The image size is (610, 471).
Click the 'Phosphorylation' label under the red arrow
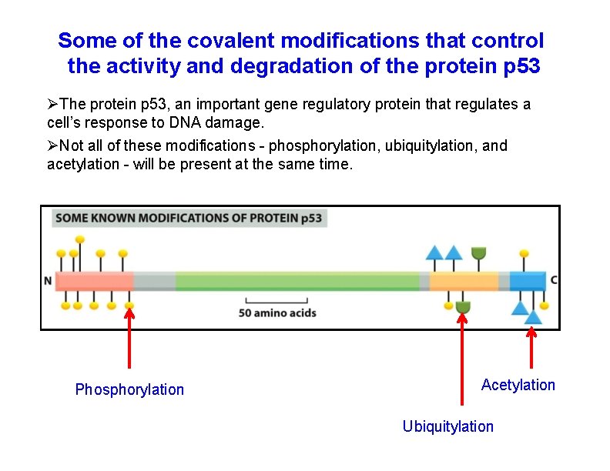coord(129,389)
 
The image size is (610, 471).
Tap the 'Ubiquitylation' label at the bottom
coord(447,426)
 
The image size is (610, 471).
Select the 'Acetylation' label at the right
coord(518,385)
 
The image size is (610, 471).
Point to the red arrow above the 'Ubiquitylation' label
coord(462,358)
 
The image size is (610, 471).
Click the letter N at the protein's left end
coord(48,281)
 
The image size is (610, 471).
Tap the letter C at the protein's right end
coord(554,280)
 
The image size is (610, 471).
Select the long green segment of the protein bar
coord(297,281)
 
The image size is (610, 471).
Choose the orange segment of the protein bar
coord(464,281)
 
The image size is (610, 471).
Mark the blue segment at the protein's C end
coord(528,281)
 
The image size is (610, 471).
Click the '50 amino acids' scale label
coord(277,313)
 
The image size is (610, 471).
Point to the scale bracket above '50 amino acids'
coord(277,301)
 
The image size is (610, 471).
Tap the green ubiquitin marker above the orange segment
coord(478,253)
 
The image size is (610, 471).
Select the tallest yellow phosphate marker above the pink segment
coord(101,239)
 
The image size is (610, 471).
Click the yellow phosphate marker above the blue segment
coord(525,252)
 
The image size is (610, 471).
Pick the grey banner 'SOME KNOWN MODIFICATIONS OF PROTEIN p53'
coord(189,218)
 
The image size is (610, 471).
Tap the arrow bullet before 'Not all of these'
coord(52,145)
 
